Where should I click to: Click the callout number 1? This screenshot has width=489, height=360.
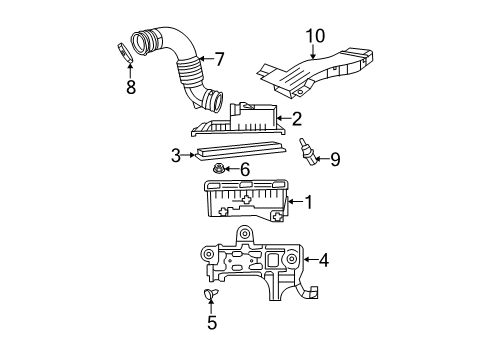click(310, 204)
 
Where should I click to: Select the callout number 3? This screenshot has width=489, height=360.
click(176, 156)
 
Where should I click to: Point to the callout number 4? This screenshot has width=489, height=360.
click(323, 262)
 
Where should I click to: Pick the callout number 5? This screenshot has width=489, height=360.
click(211, 323)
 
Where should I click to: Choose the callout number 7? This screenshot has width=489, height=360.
click(219, 59)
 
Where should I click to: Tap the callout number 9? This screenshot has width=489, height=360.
click(335, 158)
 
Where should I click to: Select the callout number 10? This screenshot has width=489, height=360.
click(315, 38)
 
